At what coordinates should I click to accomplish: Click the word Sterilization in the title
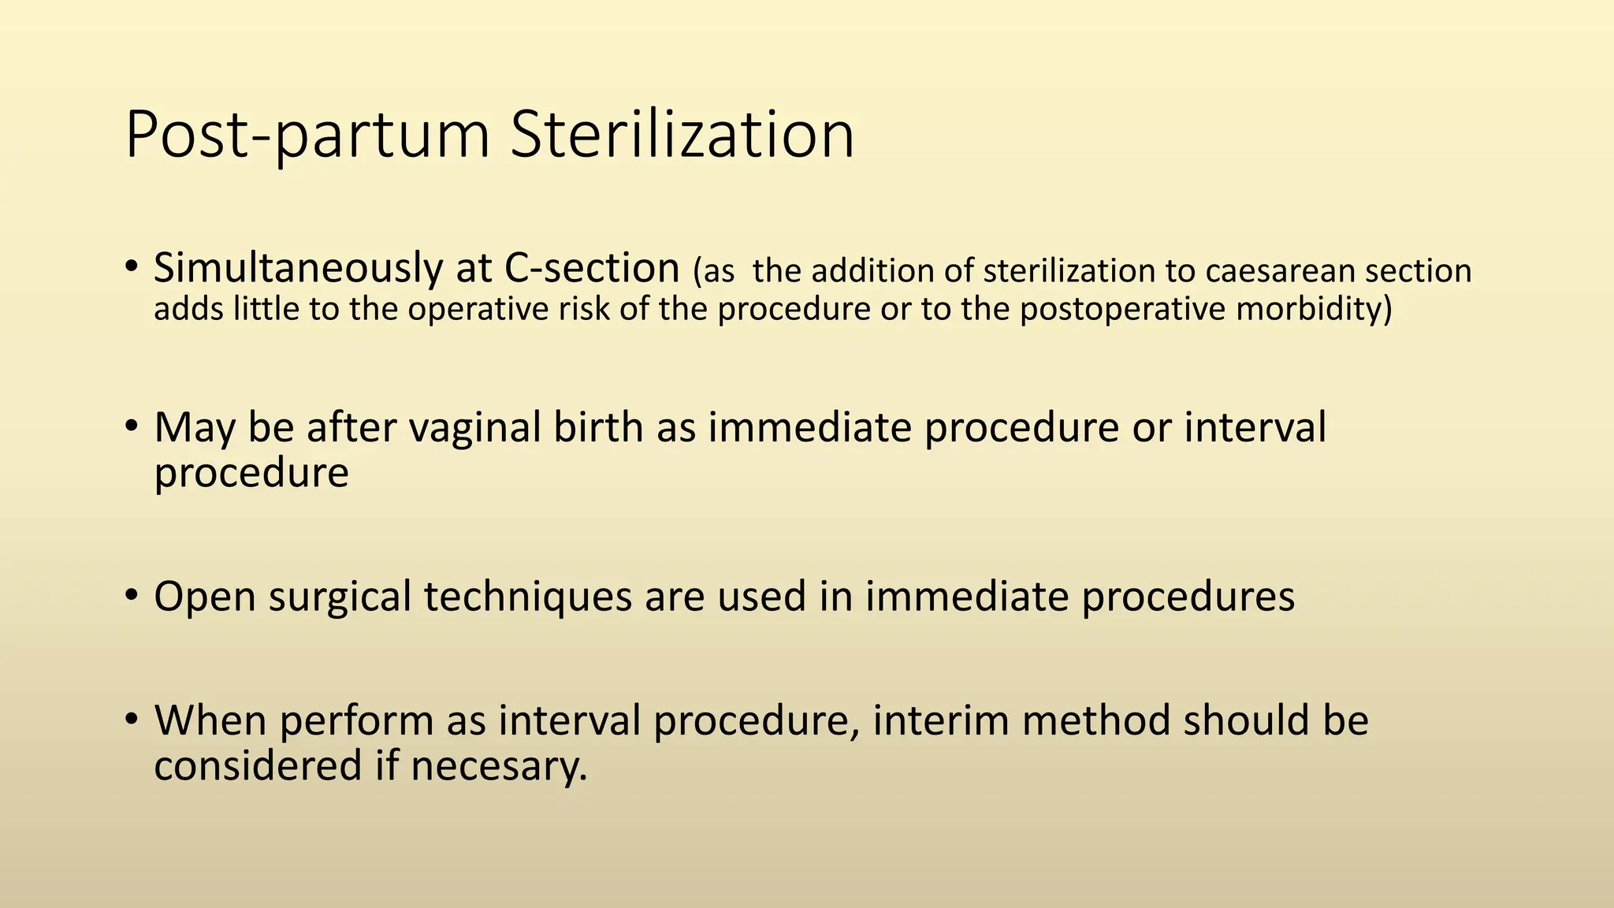click(x=682, y=136)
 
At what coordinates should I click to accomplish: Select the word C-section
click(x=591, y=269)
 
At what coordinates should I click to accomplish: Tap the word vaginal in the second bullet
click(x=474, y=428)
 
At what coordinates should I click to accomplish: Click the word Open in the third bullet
click(x=205, y=597)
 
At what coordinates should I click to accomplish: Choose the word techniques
click(x=528, y=597)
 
